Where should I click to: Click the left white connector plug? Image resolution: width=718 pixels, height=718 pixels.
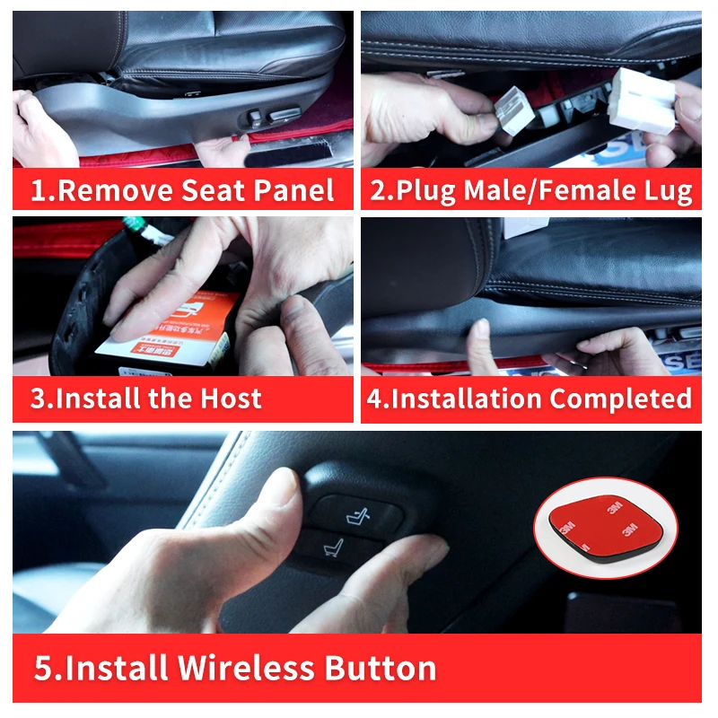click(x=514, y=109)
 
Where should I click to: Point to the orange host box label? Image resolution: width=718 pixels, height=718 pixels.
click(x=169, y=330)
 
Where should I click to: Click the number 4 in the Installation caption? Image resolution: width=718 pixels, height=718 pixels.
click(x=374, y=398)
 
